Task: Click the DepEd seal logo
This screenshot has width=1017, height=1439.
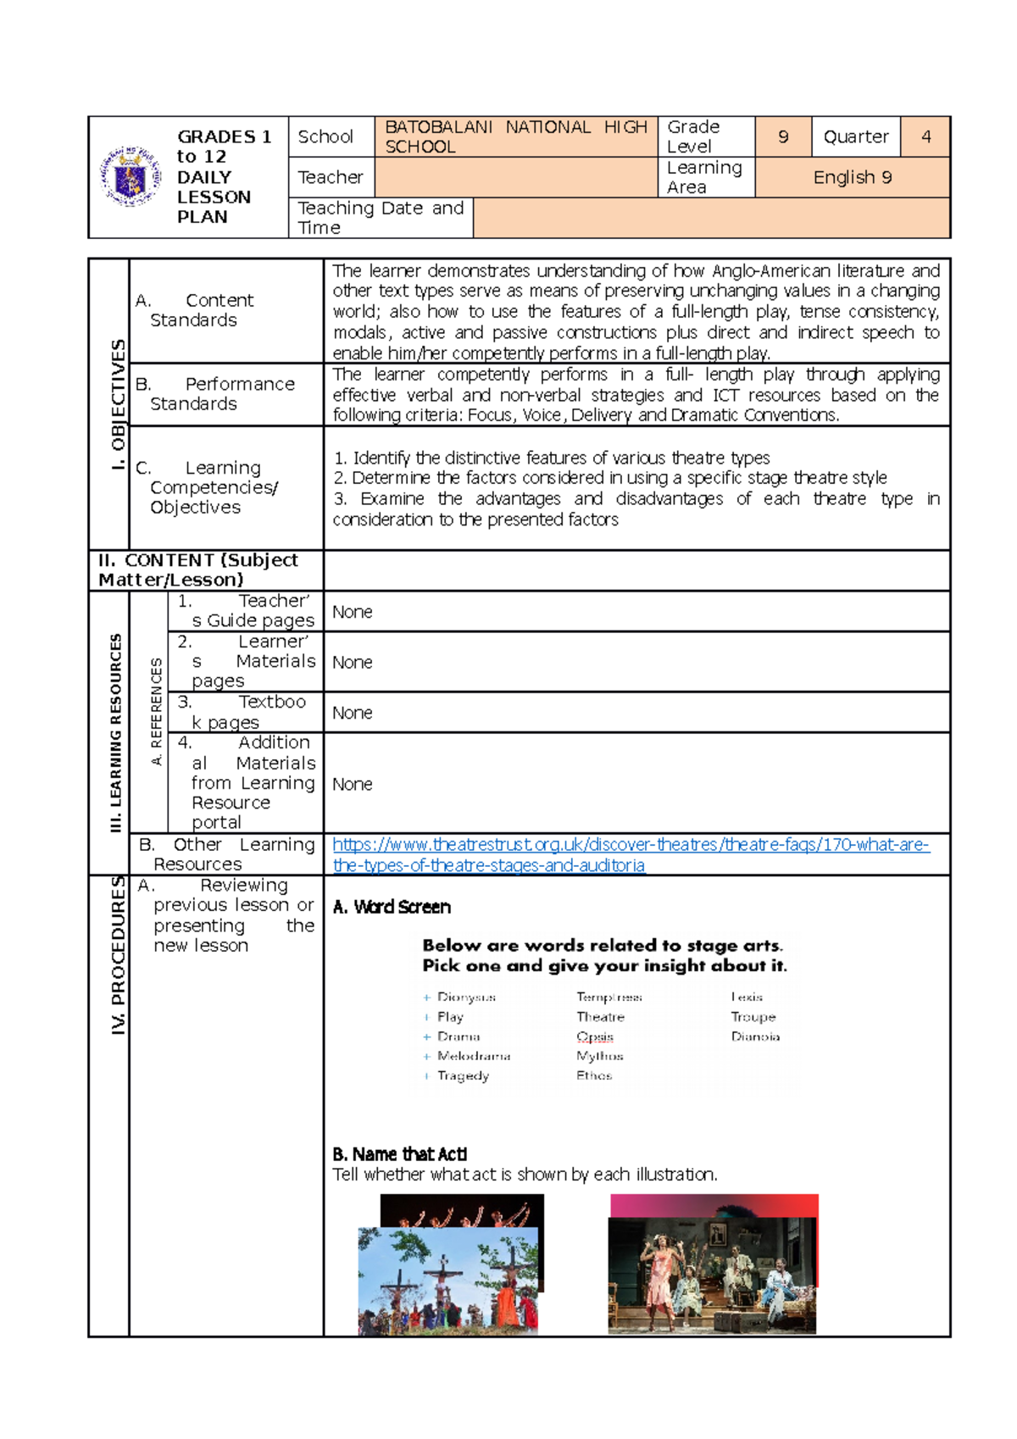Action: point(131,177)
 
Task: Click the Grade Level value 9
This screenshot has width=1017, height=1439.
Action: point(783,136)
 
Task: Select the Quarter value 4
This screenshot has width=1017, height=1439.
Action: point(925,136)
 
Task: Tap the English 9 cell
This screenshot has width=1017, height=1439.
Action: point(852,177)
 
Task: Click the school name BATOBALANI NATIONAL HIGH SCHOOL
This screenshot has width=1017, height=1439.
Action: point(515,136)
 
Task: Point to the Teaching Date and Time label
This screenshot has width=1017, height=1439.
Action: point(381,218)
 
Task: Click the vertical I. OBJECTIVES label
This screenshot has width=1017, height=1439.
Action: point(118,405)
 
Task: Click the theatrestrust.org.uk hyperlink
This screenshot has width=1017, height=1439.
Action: point(631,854)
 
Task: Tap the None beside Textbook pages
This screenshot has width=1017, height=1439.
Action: point(352,713)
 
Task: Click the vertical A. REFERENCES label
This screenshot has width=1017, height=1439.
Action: point(156,712)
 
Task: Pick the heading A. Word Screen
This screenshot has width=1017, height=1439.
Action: point(392,907)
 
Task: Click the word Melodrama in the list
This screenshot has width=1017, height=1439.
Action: point(474,1056)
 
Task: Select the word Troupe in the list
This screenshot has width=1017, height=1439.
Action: point(753,1017)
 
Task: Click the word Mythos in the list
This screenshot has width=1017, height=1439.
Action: point(599,1056)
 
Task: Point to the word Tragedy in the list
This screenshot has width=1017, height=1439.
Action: point(463,1075)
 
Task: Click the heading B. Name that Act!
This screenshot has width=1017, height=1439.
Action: point(399,1154)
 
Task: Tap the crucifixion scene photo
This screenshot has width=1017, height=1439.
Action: point(447,1280)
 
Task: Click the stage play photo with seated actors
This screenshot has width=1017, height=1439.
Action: point(712,1275)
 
